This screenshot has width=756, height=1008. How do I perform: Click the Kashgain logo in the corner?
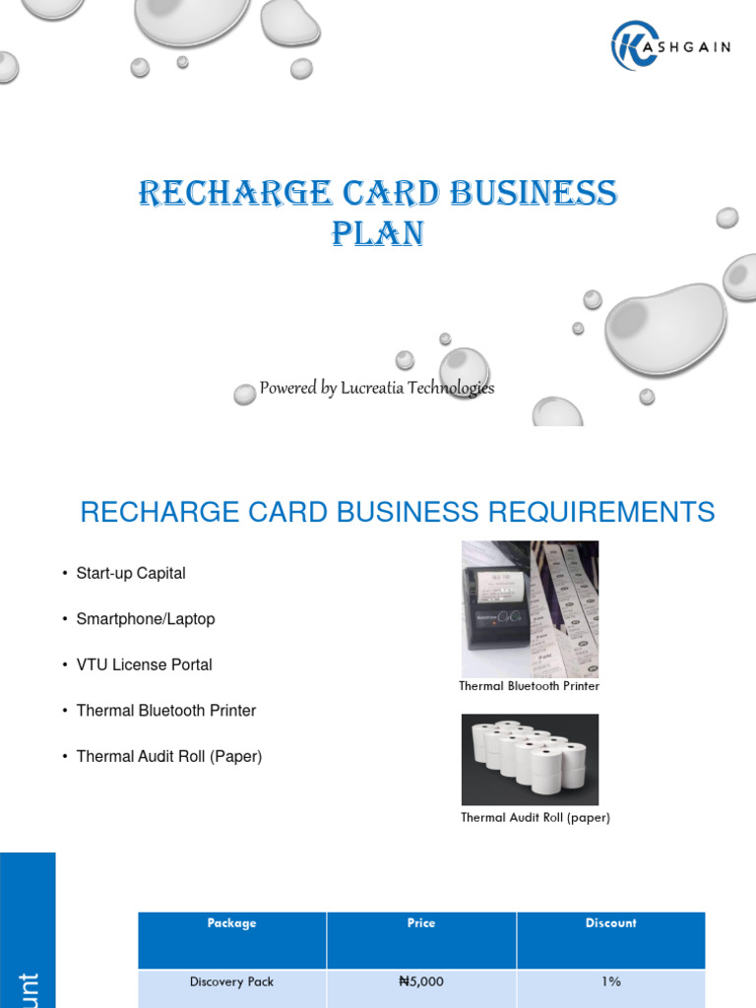coord(669,46)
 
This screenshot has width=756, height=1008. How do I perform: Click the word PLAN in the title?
coord(378,234)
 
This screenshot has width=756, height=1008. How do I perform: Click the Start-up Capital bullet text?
coord(131,573)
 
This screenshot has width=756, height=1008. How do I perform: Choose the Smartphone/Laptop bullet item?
coord(146,619)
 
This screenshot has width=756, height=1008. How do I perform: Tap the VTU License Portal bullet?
coord(145,664)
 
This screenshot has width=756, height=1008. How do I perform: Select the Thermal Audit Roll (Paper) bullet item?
coord(169,756)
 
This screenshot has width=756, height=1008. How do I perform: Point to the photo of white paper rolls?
coord(530,759)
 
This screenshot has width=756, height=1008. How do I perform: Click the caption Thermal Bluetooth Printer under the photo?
coord(529,686)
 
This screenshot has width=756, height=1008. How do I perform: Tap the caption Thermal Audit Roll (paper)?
coord(535,817)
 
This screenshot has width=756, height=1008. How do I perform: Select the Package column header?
coord(232,923)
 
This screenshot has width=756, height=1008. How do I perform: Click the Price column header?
coord(421,923)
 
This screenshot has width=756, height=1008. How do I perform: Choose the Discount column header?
coord(610,923)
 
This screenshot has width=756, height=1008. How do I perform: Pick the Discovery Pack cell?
coord(232,981)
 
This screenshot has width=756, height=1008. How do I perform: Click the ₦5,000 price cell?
coord(421,981)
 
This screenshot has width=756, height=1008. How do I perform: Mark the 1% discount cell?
coord(610,981)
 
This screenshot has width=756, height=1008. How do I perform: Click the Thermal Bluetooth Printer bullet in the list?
coord(166,711)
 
